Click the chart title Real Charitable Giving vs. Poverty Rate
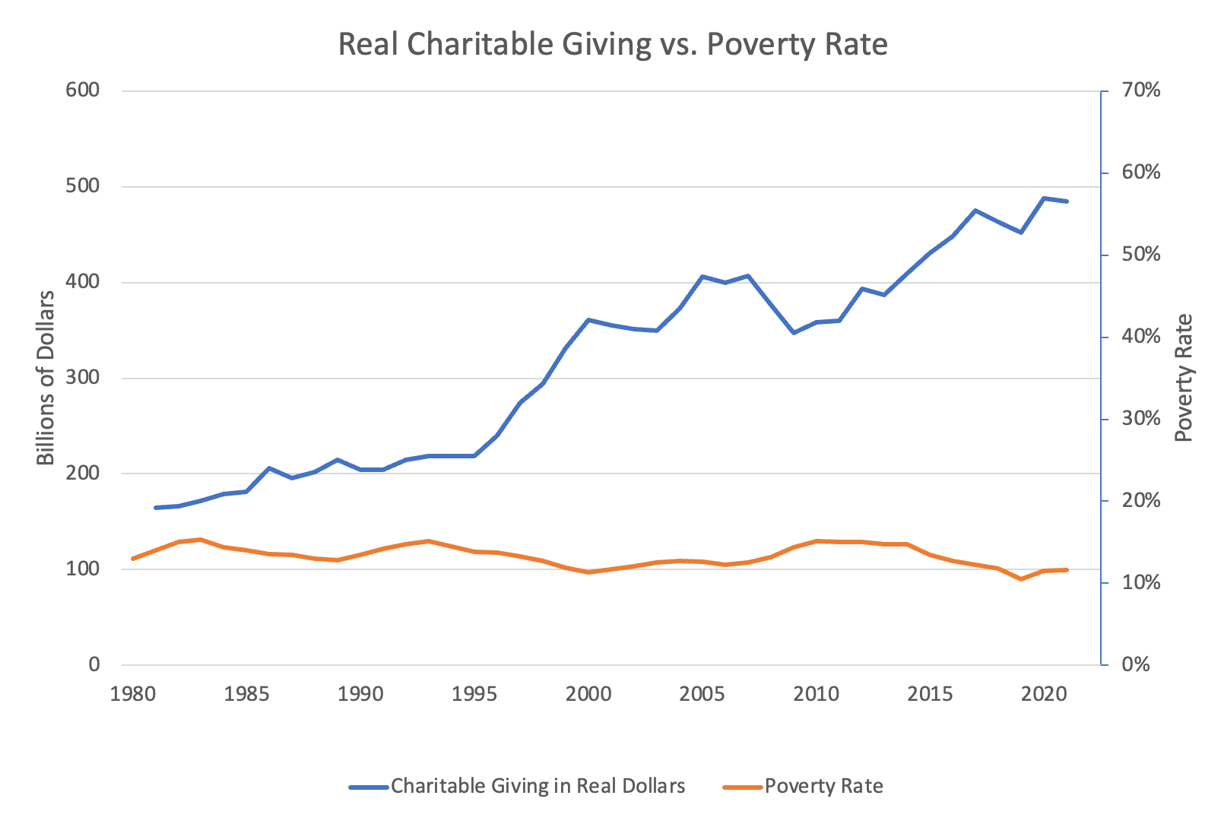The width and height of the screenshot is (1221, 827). (x=613, y=44)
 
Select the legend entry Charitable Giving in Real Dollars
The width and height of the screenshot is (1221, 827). (x=538, y=786)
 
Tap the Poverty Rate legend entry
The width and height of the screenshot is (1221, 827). (x=823, y=786)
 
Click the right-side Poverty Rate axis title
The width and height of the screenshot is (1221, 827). (x=1183, y=377)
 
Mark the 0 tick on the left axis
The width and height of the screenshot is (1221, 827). (x=94, y=664)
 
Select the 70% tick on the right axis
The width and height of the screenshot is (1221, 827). (x=1141, y=90)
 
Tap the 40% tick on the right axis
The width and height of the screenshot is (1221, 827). (x=1141, y=337)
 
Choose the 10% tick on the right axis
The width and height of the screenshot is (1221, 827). (x=1141, y=583)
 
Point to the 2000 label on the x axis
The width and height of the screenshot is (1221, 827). (x=588, y=694)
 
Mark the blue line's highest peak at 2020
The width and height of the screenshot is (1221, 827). (x=1044, y=198)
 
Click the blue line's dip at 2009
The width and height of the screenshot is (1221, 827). (x=793, y=333)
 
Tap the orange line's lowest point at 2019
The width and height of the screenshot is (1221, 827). (x=1021, y=579)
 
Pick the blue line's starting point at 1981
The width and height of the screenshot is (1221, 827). (x=155, y=507)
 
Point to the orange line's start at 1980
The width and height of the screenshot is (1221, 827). (x=132, y=559)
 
